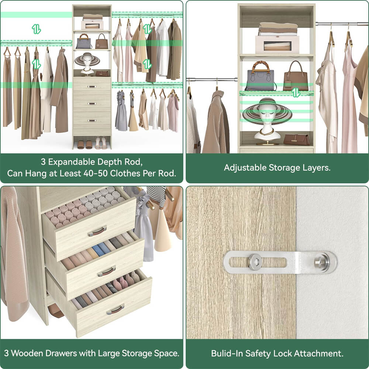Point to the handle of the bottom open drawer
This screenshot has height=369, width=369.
click(x=115, y=309)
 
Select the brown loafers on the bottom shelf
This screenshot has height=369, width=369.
click(x=85, y=144)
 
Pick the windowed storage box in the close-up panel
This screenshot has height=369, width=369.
click(x=278, y=44)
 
